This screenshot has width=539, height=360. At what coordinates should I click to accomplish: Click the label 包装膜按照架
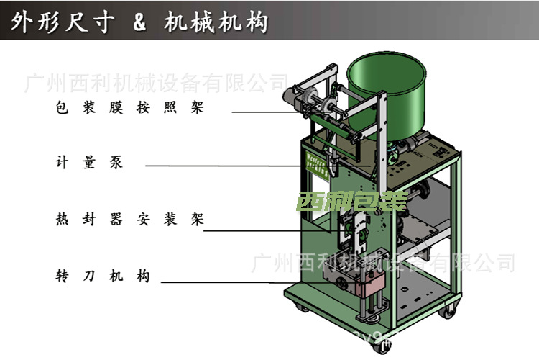pyautogui.click(x=130, y=109)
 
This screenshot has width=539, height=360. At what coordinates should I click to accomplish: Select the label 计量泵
pyautogui.click(x=89, y=163)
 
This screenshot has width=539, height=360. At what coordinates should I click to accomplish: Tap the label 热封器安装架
pyautogui.click(x=130, y=219)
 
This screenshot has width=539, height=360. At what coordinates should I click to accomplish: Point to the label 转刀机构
pyautogui.click(x=103, y=276)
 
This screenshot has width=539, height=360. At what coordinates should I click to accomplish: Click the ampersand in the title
pyautogui.click(x=139, y=22)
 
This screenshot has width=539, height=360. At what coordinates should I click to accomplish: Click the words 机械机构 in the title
pyautogui.click(x=216, y=22)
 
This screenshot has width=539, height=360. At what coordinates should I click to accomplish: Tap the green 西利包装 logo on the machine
pyautogui.click(x=351, y=201)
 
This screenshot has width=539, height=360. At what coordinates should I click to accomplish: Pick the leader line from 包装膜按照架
pyautogui.click(x=266, y=112)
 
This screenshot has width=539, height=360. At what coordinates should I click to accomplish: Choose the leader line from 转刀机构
pyautogui.click(x=244, y=282)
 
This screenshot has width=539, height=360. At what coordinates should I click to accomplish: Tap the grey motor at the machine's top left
pyautogui.click(x=295, y=99)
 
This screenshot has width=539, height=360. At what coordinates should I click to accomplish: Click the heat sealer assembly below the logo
pyautogui.click(x=356, y=230)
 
